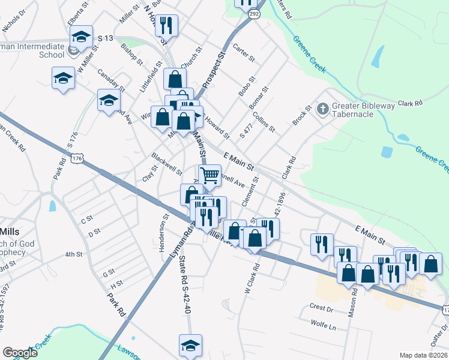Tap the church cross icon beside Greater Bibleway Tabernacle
click(322, 109)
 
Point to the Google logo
click(20, 353)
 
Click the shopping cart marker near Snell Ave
click(209, 175)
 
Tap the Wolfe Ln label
click(324, 328)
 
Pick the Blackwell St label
click(167, 163)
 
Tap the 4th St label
click(73, 254)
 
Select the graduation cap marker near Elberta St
click(82, 37)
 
